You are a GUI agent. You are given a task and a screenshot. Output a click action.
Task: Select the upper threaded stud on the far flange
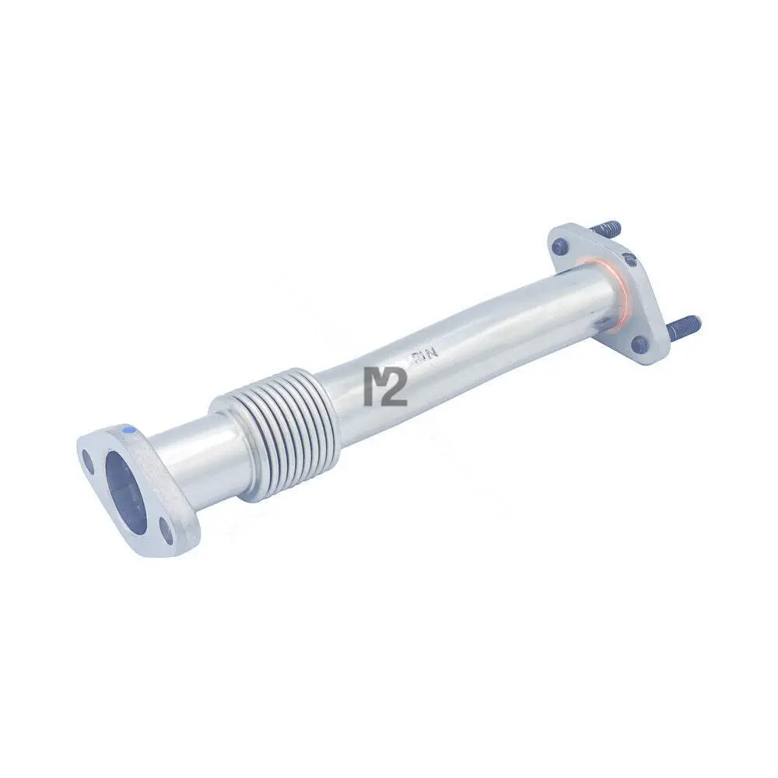[607, 228]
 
